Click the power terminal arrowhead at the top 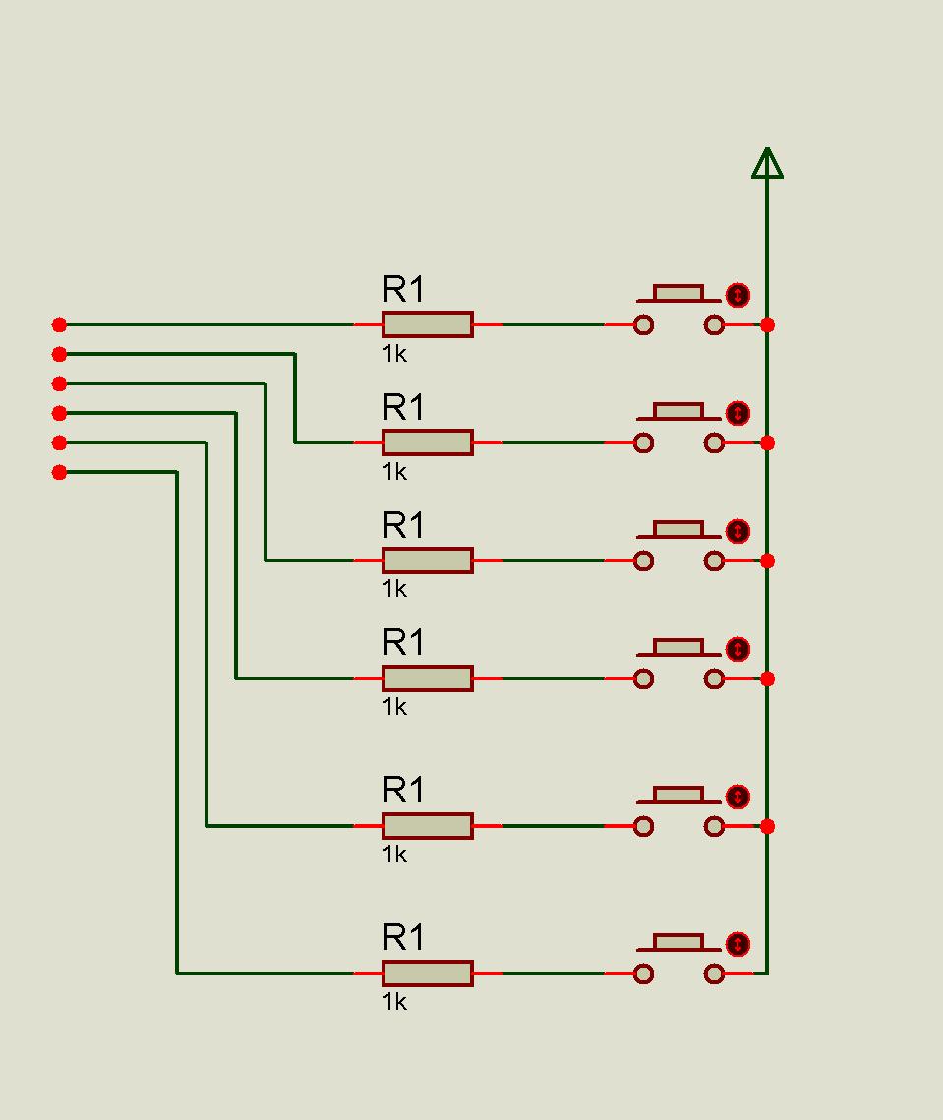coord(767,163)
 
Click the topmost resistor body coord(427,324)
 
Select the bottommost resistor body coord(427,973)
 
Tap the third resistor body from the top coord(427,560)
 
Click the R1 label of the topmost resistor coord(403,289)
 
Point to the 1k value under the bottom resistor coord(394,1001)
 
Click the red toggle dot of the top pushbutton coord(737,295)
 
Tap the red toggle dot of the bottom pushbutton coord(737,944)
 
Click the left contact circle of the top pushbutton coord(644,325)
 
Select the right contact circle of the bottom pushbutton coord(714,973)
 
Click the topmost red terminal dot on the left coord(59,325)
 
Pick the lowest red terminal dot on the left coord(59,472)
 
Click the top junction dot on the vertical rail coord(767,325)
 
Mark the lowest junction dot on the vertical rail coord(767,826)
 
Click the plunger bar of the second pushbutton coord(678,412)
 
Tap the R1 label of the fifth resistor coord(403,790)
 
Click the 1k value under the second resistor coord(394,471)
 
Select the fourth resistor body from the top coord(427,678)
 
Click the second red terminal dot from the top coord(59,354)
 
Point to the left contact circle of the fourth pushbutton coord(644,678)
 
